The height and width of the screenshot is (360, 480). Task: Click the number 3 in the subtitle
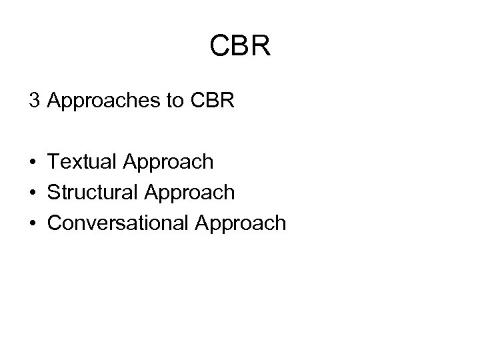tap(34, 101)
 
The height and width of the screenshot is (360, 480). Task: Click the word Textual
tap(81, 162)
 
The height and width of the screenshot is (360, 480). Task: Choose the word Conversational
tap(117, 223)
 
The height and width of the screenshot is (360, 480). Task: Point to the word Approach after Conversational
tap(239, 223)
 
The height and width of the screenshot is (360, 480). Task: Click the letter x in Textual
tap(80, 163)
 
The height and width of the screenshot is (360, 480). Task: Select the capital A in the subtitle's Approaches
tap(55, 101)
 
